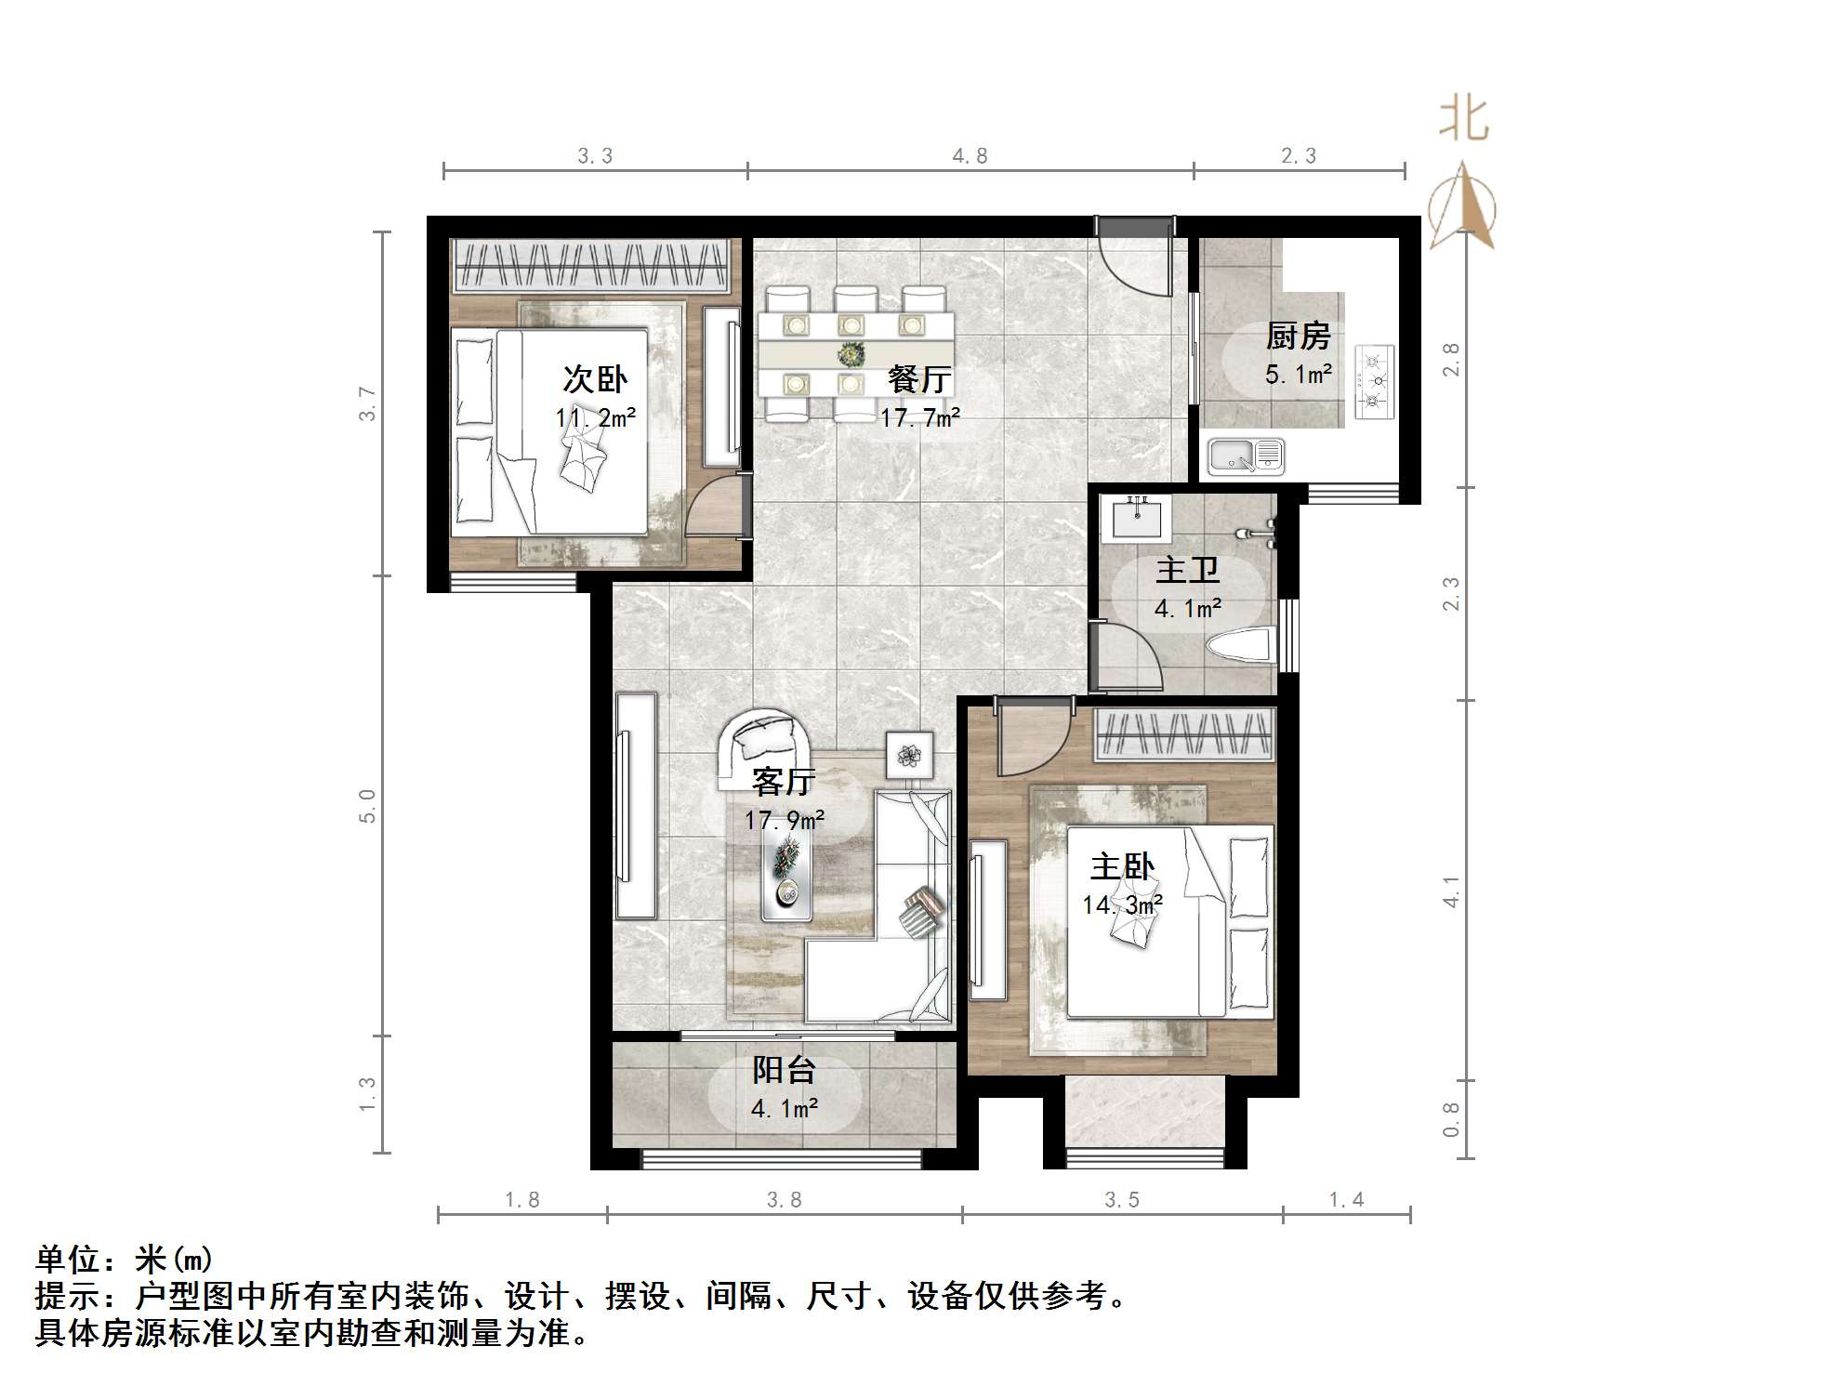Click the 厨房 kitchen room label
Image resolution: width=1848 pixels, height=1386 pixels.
(x=1298, y=337)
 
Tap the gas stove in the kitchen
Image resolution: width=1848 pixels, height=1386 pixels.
(x=1375, y=380)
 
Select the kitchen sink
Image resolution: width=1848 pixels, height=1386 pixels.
(x=1246, y=456)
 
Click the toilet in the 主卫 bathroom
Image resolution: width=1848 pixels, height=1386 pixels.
(x=1240, y=646)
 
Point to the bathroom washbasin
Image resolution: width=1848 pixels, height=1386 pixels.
(x=1136, y=519)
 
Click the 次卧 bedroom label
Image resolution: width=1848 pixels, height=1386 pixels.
(x=595, y=379)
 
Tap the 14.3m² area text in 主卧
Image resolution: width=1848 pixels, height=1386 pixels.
(x=1122, y=904)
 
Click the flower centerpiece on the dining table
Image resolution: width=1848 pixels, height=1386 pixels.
(x=851, y=354)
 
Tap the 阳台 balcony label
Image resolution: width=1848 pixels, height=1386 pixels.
(x=784, y=1071)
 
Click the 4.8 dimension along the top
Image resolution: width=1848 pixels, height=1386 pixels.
(x=970, y=156)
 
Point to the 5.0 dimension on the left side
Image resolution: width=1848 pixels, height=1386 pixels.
(x=367, y=806)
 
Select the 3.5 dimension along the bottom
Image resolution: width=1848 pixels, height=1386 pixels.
(x=1121, y=1200)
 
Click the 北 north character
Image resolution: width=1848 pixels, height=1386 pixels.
(x=1464, y=120)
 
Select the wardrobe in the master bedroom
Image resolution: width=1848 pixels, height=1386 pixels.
(x=1183, y=734)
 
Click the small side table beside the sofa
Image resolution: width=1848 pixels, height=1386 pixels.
(x=909, y=754)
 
